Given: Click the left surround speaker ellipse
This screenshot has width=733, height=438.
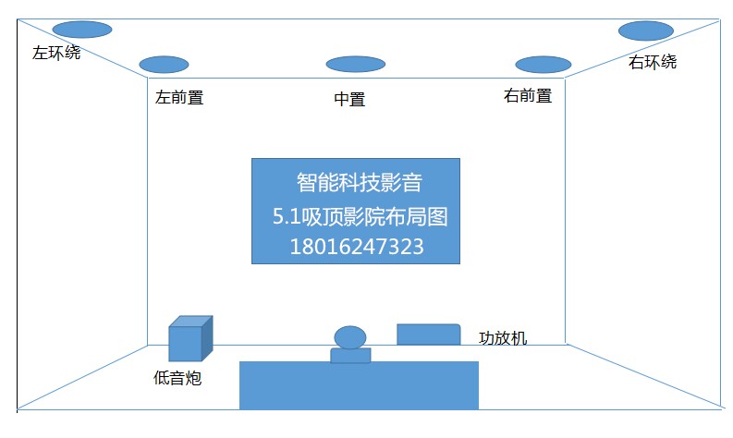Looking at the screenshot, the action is (82, 29).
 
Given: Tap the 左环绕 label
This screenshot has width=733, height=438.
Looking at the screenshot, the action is (56, 53).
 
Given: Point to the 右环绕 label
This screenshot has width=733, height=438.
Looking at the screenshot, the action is (653, 62).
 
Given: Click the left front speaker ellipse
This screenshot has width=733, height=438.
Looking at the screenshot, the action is (164, 65).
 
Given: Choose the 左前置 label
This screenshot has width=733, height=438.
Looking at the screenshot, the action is (179, 97).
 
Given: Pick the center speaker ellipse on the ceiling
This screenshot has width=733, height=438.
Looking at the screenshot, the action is (355, 65).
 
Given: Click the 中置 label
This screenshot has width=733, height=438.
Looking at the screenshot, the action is (349, 99).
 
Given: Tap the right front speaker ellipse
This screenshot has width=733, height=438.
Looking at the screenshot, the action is (543, 65).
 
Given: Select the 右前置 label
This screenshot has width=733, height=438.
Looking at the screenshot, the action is (528, 95).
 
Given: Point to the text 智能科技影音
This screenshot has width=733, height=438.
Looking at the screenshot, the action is (356, 181).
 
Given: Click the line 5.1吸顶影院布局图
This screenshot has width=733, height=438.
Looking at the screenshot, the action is (356, 216).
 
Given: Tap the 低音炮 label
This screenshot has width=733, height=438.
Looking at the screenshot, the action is (177, 378).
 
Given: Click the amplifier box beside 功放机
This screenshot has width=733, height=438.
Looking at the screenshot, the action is (428, 335).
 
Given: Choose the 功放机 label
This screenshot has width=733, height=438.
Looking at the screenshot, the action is (503, 337).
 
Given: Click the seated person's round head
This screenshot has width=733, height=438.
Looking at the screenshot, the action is (350, 337).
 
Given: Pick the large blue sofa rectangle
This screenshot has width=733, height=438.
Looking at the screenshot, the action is (359, 385).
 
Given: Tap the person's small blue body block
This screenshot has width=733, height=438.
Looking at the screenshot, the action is (350, 355).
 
